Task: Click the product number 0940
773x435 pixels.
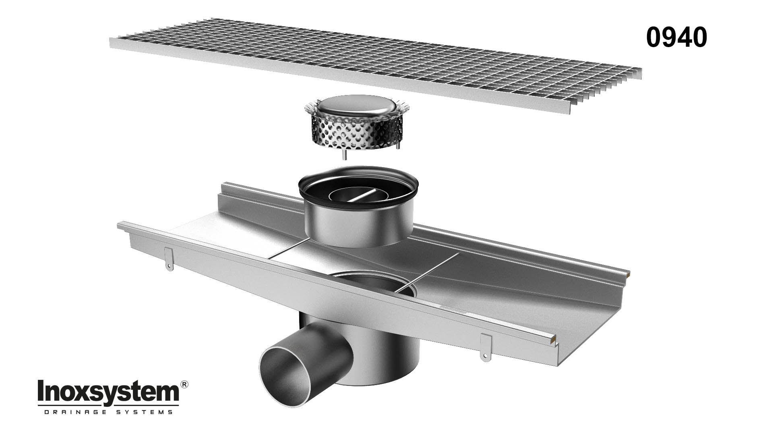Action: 676,38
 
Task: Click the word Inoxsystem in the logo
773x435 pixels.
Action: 108,390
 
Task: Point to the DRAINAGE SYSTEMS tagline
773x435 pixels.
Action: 108,412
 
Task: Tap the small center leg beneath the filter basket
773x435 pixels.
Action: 345,155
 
